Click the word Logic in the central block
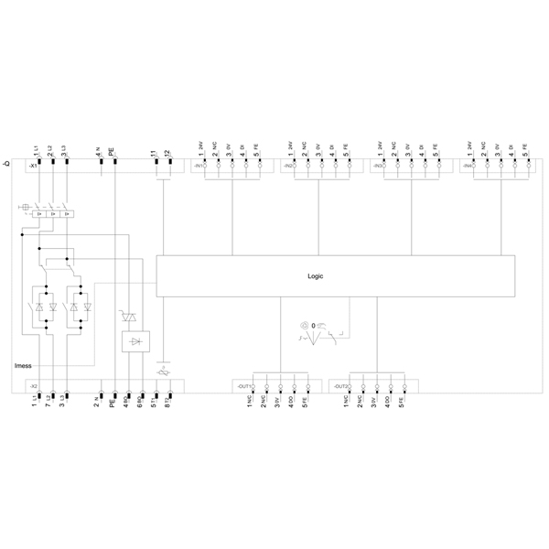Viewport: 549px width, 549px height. pos(315,275)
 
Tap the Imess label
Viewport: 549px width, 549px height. pos(24,365)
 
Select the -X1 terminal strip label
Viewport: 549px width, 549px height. pos(33,167)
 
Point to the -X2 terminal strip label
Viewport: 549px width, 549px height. pos(33,387)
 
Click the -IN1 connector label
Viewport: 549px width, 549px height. pos(197,167)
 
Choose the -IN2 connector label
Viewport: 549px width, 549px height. pos(287,167)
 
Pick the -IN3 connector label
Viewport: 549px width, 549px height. pos(378,167)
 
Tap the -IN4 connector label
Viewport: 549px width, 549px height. pos(468,167)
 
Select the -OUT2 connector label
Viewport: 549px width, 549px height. pos(339,387)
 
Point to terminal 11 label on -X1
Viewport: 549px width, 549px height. pos(154,152)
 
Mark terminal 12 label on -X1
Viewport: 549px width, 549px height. pos(167,152)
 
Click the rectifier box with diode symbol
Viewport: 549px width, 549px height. pos(134,341)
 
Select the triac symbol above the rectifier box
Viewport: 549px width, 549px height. pos(128,317)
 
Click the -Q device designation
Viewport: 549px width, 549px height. pos(7,163)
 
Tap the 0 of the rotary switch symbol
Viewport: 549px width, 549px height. pos(315,326)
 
